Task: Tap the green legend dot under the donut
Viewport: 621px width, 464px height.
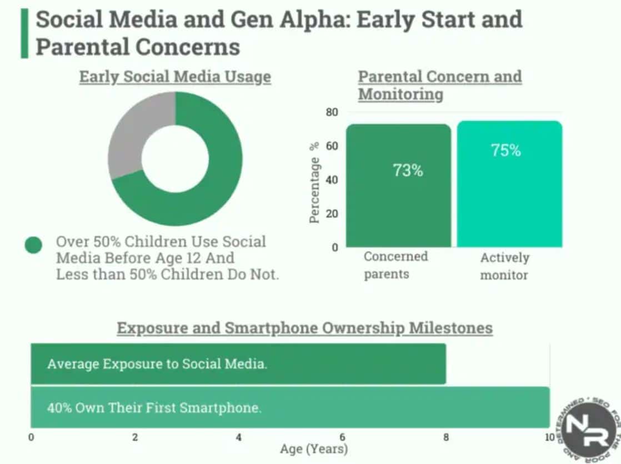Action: pos(33,245)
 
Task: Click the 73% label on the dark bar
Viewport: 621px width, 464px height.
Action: pos(408,171)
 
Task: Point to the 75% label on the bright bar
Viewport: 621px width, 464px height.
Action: pos(505,150)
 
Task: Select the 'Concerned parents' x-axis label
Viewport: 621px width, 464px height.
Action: pos(395,265)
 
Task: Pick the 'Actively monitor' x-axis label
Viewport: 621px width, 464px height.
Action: pos(504,266)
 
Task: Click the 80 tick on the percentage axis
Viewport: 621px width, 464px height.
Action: pos(332,112)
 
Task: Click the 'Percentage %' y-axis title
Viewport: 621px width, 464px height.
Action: pos(315,183)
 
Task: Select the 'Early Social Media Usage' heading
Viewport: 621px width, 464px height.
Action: pos(175,77)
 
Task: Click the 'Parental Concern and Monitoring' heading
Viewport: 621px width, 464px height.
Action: pos(439,85)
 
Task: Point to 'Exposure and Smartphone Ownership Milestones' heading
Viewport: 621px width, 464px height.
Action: pos(304,328)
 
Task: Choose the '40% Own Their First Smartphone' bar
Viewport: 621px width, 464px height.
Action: pos(289,407)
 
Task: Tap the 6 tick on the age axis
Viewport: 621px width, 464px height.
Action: pos(342,437)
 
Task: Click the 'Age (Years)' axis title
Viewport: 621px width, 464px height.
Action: pos(314,448)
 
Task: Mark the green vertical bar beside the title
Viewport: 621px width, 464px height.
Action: pos(24,33)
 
